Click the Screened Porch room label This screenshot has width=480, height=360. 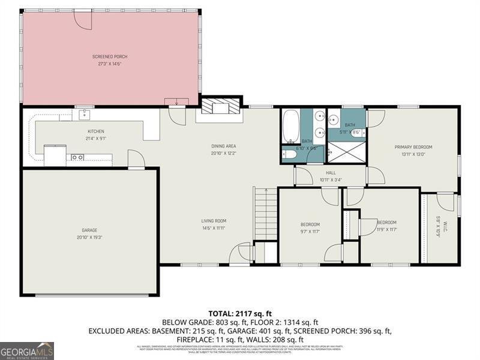coord(110,56)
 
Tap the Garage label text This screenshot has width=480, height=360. coord(89,230)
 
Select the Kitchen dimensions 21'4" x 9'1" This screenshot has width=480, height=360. coord(96,139)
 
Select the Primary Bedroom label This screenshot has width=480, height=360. coord(413,147)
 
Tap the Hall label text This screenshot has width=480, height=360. coord(331,172)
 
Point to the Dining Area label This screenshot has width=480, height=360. coord(223,146)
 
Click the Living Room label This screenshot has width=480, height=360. coord(213,221)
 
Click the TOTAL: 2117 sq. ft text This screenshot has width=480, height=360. coord(240,313)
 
